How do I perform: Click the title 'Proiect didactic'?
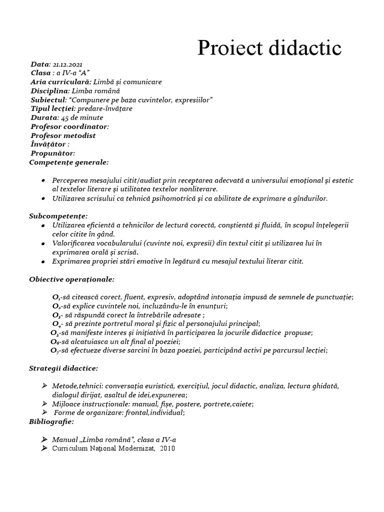pyautogui.click(x=269, y=48)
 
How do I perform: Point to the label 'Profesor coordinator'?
pyautogui.click(x=69, y=126)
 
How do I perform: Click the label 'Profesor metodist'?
pyautogui.click(x=63, y=135)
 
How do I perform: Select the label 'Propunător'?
pyautogui.click(x=52, y=153)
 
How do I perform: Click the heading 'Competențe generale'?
pyautogui.click(x=69, y=162)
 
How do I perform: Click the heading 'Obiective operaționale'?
pyautogui.click(x=71, y=278)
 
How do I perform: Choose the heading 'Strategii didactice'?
pyautogui.click(x=63, y=368)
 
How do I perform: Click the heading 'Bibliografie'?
pyautogui.click(x=52, y=421)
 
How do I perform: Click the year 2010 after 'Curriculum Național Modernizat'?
pyautogui.click(x=168, y=448)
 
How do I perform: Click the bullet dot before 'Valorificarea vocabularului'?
pyautogui.click(x=44, y=243)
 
